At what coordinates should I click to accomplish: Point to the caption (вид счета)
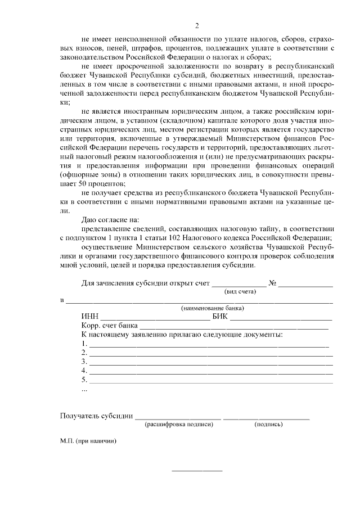pos(240,292)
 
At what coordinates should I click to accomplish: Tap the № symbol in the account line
pos(274,283)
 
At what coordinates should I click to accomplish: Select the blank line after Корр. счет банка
pos(233,328)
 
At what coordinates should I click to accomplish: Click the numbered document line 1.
pos(208,346)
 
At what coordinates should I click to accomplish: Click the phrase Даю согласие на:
pos(110,219)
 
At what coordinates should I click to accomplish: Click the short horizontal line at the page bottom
pos(196,470)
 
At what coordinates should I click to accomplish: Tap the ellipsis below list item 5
pos(84,390)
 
